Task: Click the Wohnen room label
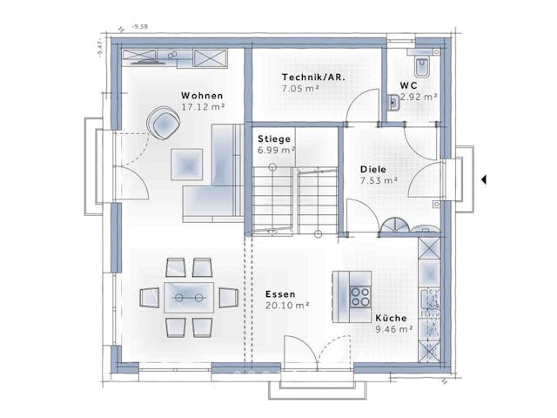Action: click(x=202, y=95)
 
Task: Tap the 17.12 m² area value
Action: click(x=203, y=106)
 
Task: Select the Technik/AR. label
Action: click(x=312, y=78)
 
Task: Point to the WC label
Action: click(x=408, y=85)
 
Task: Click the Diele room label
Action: click(x=374, y=171)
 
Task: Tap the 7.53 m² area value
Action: click(x=379, y=181)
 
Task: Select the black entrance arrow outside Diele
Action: click(x=484, y=180)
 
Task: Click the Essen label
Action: click(x=280, y=294)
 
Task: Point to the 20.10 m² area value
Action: click(x=287, y=305)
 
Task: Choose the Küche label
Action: click(x=389, y=319)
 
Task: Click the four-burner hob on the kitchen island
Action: click(x=360, y=295)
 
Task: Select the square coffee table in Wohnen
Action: click(x=186, y=163)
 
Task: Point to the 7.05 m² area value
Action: click(x=299, y=89)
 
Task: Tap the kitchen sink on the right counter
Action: click(x=430, y=306)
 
